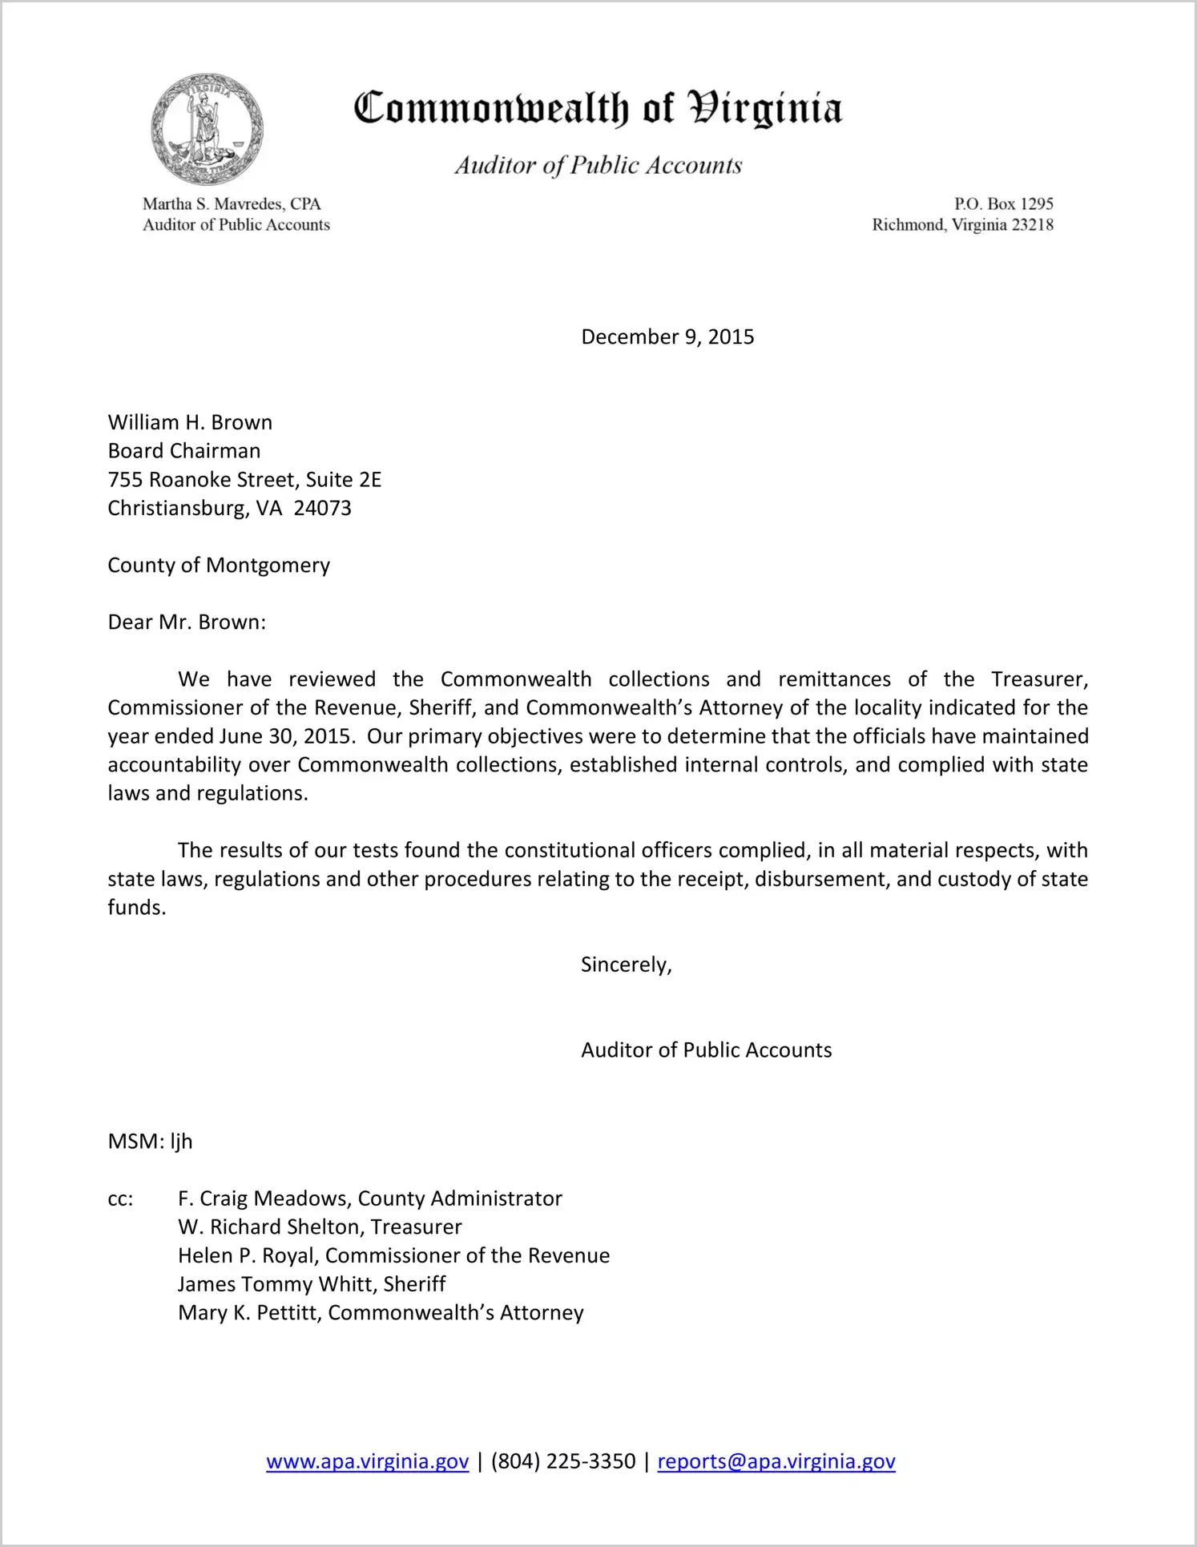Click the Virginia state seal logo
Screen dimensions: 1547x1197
[207, 129]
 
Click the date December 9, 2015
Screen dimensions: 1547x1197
[667, 336]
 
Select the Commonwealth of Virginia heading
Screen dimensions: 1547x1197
[598, 109]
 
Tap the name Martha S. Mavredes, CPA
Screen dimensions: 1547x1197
[232, 204]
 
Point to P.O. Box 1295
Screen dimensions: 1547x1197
[1003, 204]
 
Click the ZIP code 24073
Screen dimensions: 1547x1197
[322, 509]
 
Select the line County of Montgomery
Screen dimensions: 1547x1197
[219, 566]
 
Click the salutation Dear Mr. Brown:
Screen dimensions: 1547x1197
[187, 622]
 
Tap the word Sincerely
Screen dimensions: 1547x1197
[625, 965]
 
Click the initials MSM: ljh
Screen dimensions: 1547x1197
[150, 1142]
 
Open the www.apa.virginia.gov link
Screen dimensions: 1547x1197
[367, 1461]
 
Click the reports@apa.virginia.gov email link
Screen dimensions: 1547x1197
[776, 1461]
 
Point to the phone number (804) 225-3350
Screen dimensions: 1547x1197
[562, 1461]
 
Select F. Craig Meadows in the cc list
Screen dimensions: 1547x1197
[265, 1199]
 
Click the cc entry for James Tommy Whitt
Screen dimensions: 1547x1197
[277, 1284]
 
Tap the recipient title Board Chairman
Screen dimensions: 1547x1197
[184, 451]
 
